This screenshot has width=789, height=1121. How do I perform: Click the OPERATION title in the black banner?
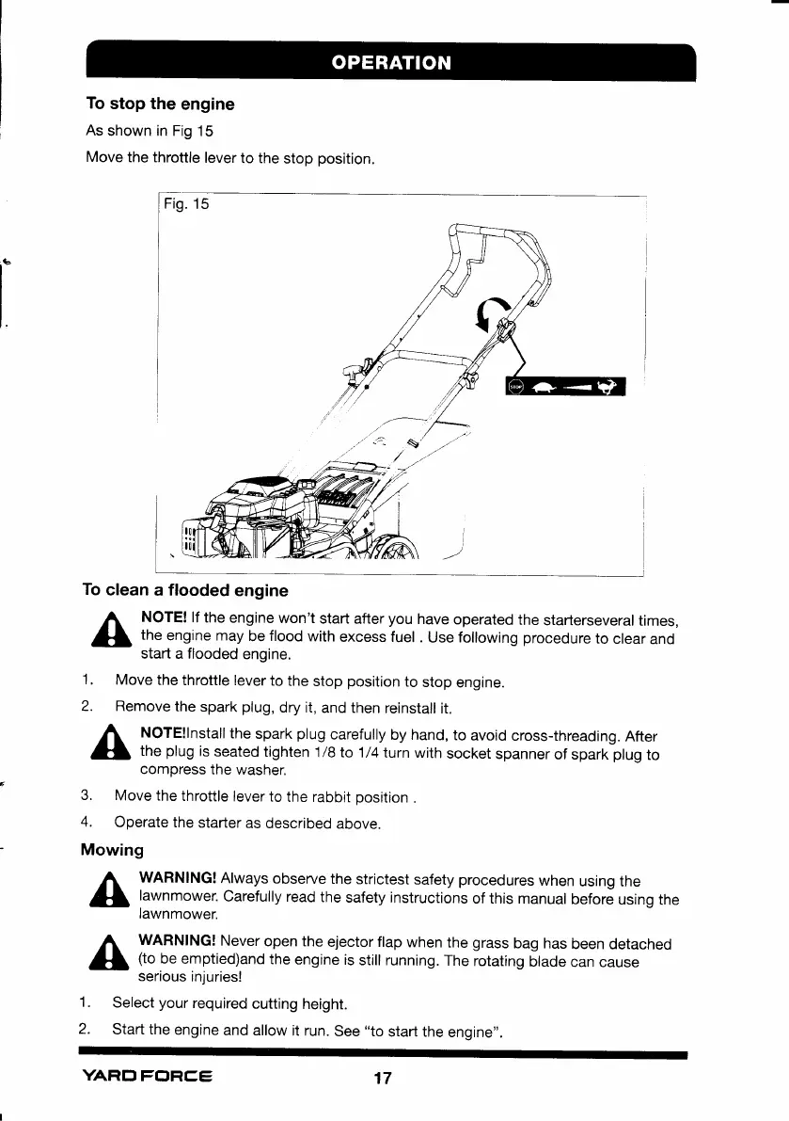(390, 63)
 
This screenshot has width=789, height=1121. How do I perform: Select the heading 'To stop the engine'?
(161, 104)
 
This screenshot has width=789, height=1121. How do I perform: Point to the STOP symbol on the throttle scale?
(515, 386)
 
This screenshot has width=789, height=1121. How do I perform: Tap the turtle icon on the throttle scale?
(543, 386)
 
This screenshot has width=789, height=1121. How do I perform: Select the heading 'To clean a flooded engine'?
(185, 590)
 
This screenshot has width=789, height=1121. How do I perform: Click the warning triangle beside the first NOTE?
(111, 629)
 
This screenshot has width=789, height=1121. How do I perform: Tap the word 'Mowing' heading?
(113, 850)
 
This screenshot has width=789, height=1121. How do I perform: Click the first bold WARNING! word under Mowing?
(178, 881)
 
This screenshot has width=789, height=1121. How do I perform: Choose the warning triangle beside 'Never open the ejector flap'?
(111, 954)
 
